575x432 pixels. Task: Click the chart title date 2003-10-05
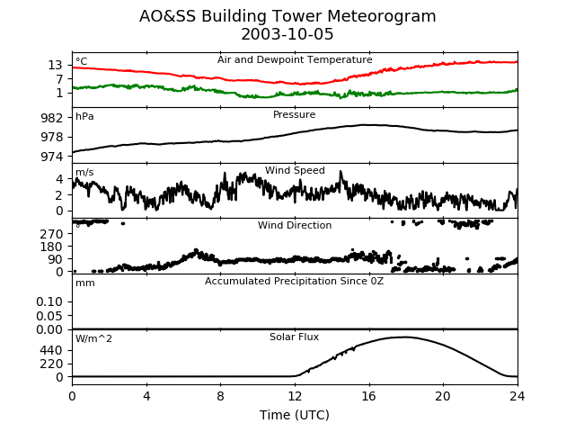click(287, 35)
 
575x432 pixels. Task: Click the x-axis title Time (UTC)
click(295, 415)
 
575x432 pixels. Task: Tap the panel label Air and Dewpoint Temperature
click(295, 59)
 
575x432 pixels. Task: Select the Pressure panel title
click(295, 115)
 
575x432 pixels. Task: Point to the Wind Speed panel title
click(295, 171)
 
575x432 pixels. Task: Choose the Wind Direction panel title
click(295, 226)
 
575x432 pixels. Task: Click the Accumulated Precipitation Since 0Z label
click(295, 282)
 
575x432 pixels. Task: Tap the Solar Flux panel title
click(295, 337)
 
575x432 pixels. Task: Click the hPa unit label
click(84, 117)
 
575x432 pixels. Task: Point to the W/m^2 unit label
click(94, 339)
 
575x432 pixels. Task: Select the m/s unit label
click(84, 173)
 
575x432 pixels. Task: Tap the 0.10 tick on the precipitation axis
click(49, 301)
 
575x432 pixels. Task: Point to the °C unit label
click(82, 62)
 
